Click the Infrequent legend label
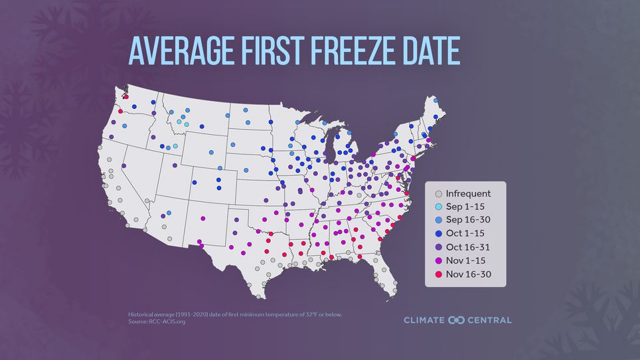(468, 194)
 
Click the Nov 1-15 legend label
(466, 260)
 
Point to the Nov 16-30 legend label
(469, 274)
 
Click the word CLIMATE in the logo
(424, 320)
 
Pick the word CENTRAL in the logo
(489, 320)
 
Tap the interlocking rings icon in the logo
(456, 320)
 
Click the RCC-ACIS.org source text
(166, 321)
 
